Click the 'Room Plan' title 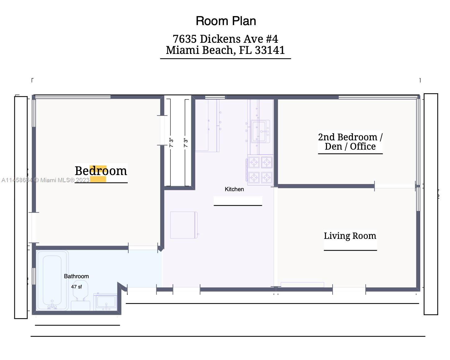pyautogui.click(x=226, y=21)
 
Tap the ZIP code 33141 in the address pyautogui.click(x=270, y=50)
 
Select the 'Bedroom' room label pyautogui.click(x=101, y=171)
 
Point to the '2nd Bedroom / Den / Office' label pyautogui.click(x=350, y=142)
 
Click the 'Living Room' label pyautogui.click(x=350, y=236)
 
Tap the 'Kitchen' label pyautogui.click(x=234, y=189)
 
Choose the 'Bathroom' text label pyautogui.click(x=76, y=276)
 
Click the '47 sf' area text pyautogui.click(x=76, y=287)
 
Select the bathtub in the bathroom pyautogui.click(x=52, y=280)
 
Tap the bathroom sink pyautogui.click(x=106, y=302)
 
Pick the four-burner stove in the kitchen pyautogui.click(x=260, y=170)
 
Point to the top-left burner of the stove pyautogui.click(x=254, y=162)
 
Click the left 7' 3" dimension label pyautogui.click(x=171, y=143)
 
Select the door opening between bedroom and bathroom pyautogui.click(x=143, y=248)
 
